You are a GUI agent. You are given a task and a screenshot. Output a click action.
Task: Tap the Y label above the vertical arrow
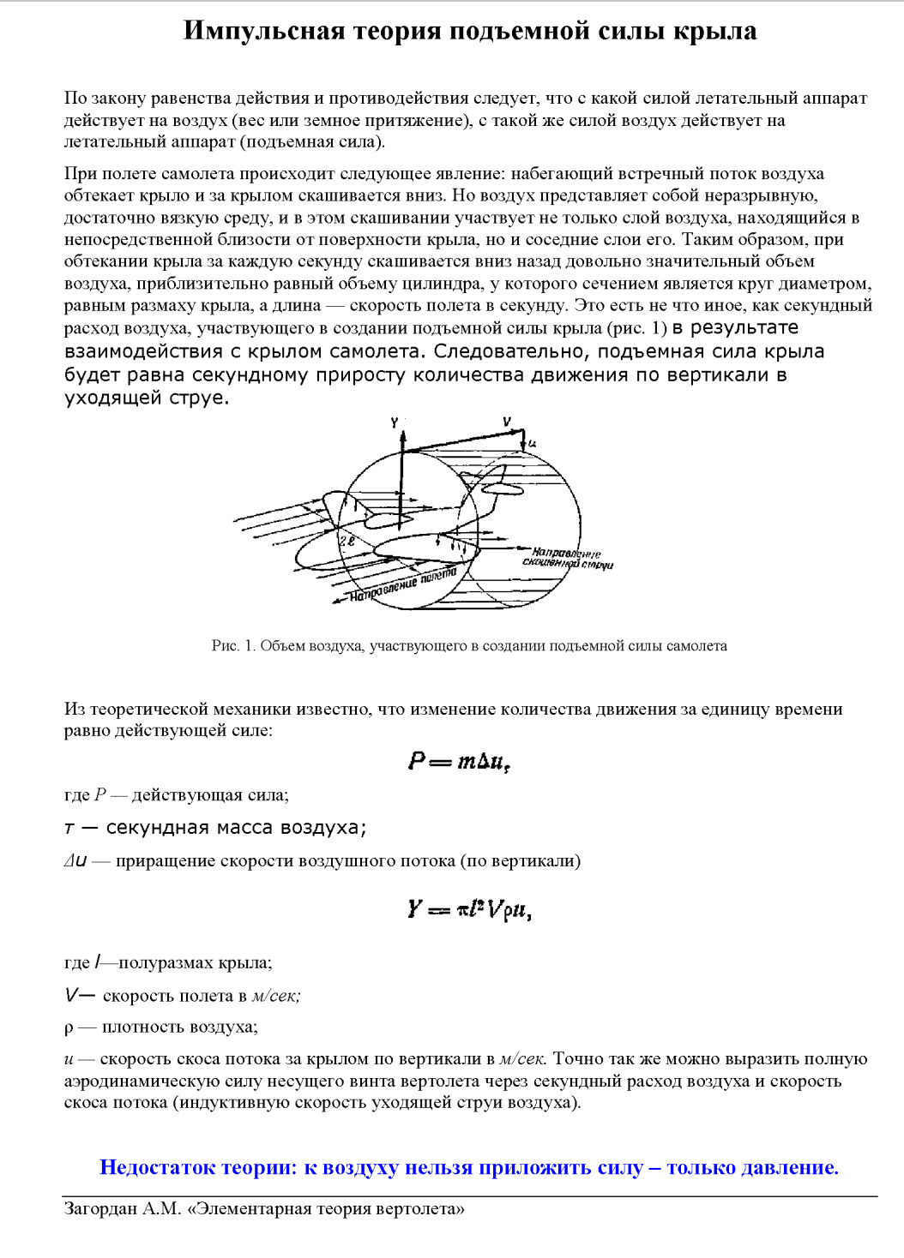coord(395,422)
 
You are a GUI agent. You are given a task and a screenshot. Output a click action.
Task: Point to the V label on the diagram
coord(507,422)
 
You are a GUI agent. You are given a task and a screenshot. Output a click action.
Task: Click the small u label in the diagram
coord(532,443)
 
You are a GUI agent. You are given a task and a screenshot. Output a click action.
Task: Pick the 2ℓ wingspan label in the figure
coord(347,542)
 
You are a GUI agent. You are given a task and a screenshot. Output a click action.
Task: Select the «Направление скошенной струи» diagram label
coord(567,559)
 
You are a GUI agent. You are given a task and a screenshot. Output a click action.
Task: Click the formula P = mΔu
coord(460,761)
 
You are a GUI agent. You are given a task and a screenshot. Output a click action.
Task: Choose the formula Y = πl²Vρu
coord(469,909)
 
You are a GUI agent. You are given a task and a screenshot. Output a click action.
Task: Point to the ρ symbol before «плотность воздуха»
coord(69,1027)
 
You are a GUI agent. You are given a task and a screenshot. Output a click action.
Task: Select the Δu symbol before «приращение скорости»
coord(75,861)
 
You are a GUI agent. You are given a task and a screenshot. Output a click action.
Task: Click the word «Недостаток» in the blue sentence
coord(158,1167)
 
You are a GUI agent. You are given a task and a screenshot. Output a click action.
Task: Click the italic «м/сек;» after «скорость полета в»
coord(276,996)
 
